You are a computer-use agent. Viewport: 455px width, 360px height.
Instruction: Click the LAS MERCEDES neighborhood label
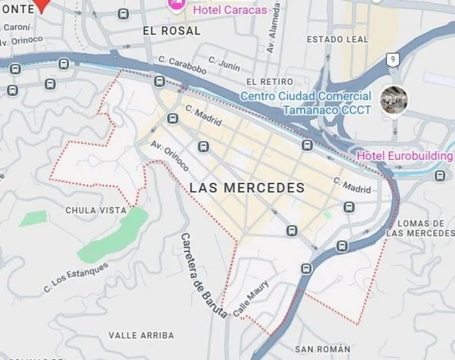247,188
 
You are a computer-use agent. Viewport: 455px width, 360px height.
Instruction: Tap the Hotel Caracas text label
230,10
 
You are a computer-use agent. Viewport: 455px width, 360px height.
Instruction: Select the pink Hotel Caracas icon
175,4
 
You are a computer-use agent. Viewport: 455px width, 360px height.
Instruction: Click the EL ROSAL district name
171,31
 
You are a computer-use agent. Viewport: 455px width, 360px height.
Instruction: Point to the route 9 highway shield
393,60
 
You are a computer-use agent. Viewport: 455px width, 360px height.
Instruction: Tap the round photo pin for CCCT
394,99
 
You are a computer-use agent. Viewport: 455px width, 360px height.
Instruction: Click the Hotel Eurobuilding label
404,156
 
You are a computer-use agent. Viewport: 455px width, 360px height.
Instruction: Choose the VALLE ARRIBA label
142,335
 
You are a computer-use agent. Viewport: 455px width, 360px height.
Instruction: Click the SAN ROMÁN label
323,349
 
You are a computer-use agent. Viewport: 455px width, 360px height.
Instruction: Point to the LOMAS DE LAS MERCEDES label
421,228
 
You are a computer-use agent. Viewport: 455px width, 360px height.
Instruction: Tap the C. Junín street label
223,65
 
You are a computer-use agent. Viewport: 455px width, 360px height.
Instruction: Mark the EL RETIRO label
269,82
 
